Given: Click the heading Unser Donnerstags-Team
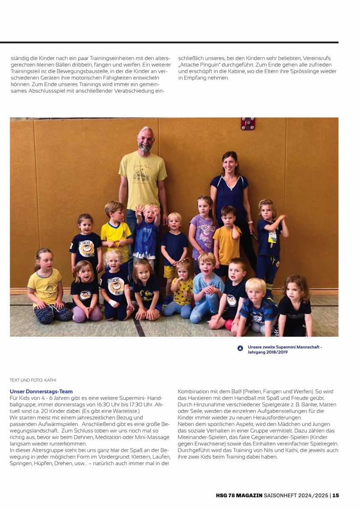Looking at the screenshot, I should (x=41, y=392).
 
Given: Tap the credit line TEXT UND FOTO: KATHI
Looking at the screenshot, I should (x=33, y=380).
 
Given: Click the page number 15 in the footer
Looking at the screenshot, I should (x=335, y=495).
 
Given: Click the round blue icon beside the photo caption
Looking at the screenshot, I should (x=240, y=349).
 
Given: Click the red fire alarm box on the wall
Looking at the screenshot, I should (x=248, y=123).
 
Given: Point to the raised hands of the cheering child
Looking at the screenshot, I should (x=149, y=209).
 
